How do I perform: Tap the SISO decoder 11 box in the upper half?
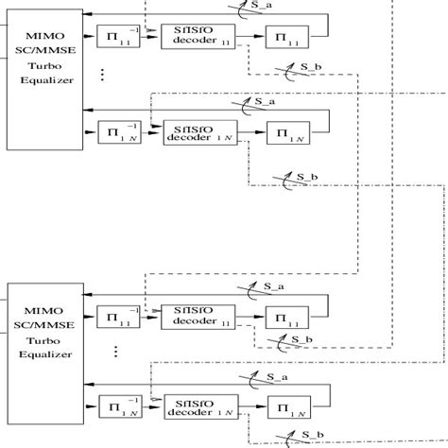[192, 38]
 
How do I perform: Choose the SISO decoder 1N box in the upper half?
[192, 131]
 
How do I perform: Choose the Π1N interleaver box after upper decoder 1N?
[283, 132]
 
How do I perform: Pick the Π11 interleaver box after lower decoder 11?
[283, 314]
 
